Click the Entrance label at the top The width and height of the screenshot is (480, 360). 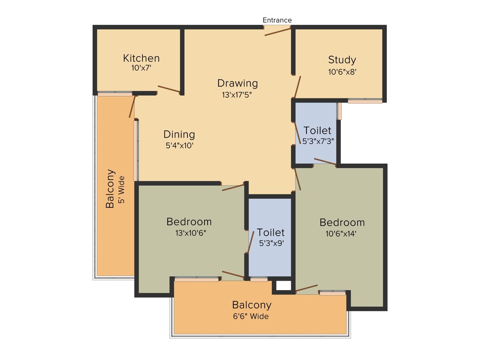[277, 20]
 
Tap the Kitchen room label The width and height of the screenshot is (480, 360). [141, 58]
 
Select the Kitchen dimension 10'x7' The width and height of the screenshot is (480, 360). [141, 68]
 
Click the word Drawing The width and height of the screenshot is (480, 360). [238, 83]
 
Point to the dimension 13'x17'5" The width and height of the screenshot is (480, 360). [238, 94]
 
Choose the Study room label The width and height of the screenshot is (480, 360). [342, 60]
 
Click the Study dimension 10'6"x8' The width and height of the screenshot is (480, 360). [342, 72]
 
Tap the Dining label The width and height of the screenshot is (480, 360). [179, 135]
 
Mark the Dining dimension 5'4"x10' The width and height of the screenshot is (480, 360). [180, 145]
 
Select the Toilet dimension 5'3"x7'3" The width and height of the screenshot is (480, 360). [317, 140]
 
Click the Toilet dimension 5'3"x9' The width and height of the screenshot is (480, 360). [270, 243]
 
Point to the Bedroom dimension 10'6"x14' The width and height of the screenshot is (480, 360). [342, 233]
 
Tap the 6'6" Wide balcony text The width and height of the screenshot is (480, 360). [251, 316]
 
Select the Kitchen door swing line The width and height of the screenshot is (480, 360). [169, 89]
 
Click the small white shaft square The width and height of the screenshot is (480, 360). [283, 285]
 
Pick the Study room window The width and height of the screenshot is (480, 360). [365, 100]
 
